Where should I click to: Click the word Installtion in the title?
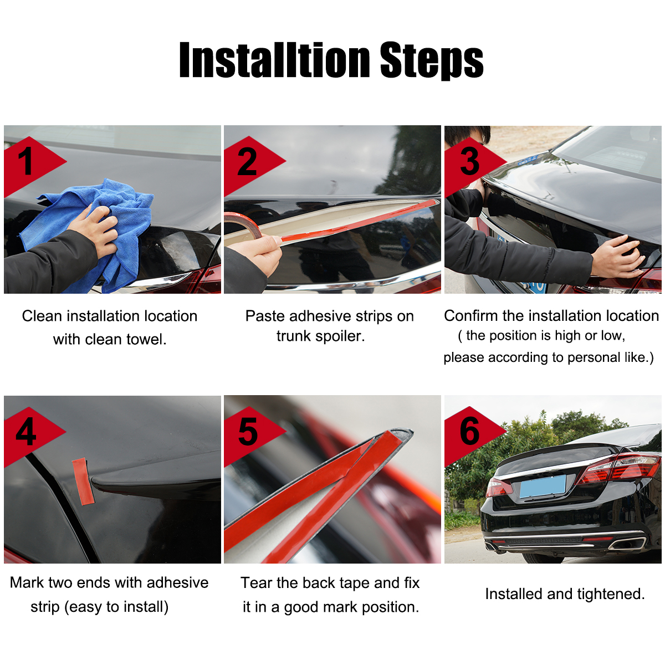coord(274,60)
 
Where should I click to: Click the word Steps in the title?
coord(431,60)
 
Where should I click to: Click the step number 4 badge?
coord(26,433)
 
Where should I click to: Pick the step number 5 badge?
coord(247,433)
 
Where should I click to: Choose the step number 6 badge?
coord(469,432)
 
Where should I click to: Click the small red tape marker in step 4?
coord(83,481)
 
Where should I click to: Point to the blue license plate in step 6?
coord(543,486)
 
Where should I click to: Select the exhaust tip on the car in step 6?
coord(626,542)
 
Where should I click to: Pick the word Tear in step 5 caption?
coord(256,583)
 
